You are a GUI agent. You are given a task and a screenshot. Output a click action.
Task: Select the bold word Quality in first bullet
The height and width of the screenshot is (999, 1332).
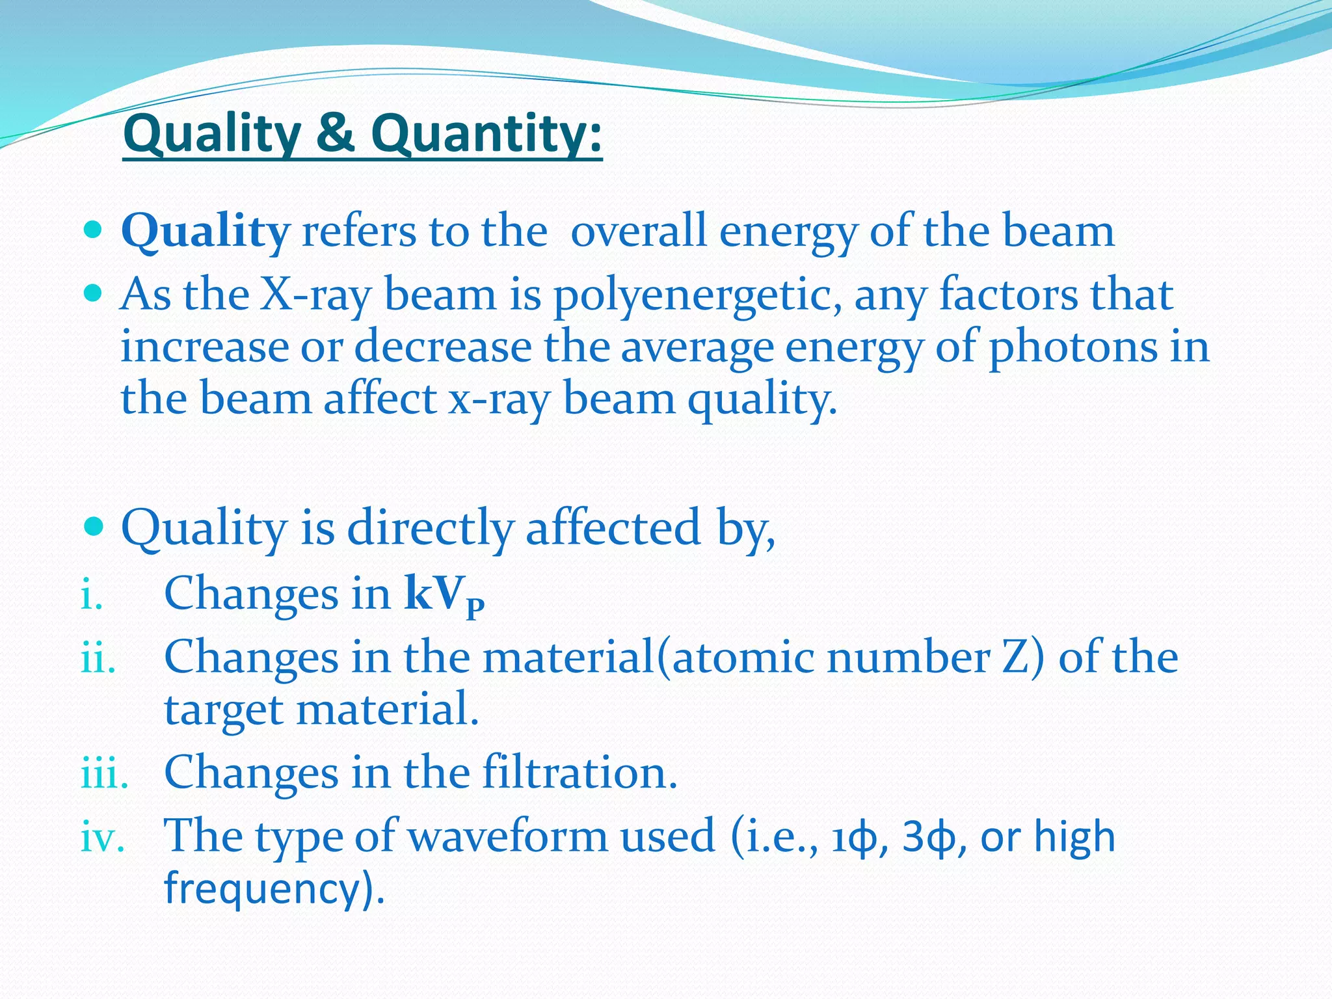point(205,232)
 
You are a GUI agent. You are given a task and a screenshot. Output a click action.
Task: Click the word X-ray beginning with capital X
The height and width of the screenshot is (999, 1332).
point(315,295)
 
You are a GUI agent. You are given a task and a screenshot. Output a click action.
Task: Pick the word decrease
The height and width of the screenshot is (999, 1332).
point(442,347)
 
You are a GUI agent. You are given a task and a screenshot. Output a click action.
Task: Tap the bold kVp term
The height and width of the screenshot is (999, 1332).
point(444,594)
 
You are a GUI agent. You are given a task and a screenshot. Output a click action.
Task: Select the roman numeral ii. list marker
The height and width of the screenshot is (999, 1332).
point(98,658)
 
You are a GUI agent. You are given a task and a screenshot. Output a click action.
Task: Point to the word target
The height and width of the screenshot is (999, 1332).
point(223,710)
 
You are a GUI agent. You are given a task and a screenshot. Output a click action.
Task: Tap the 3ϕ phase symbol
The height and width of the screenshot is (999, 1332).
point(928,838)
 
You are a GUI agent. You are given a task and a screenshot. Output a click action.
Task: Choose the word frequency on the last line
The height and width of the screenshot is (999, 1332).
point(260,888)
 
